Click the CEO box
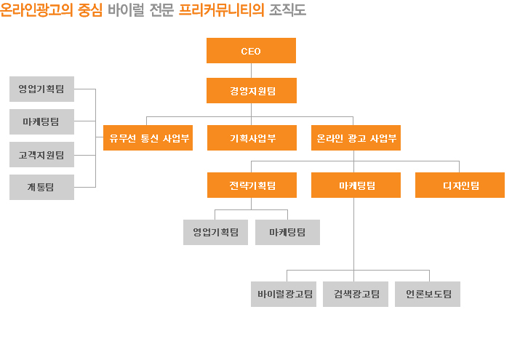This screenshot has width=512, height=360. (251, 51)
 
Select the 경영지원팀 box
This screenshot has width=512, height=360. (252, 90)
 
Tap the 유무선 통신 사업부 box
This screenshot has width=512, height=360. (148, 138)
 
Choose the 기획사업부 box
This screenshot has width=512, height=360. (252, 138)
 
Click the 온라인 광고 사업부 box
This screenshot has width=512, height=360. (356, 138)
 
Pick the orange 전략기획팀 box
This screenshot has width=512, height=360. (252, 185)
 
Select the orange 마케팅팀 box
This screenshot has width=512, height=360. (356, 185)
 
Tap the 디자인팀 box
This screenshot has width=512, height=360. (460, 185)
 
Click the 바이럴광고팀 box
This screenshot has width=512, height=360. (284, 294)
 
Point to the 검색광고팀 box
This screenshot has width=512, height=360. (356, 294)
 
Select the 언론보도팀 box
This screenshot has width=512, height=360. (428, 294)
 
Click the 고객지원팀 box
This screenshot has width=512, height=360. (41, 154)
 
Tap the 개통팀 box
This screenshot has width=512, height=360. (41, 187)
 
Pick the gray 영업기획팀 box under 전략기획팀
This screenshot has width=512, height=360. (215, 232)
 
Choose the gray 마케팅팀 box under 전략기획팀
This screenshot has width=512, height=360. (287, 232)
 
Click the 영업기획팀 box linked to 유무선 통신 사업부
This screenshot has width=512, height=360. (41, 89)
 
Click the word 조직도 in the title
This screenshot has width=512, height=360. (287, 9)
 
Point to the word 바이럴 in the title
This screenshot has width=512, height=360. (126, 9)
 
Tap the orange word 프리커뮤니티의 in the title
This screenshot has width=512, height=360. (221, 9)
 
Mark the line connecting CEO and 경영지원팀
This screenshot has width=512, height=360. (251, 71)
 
